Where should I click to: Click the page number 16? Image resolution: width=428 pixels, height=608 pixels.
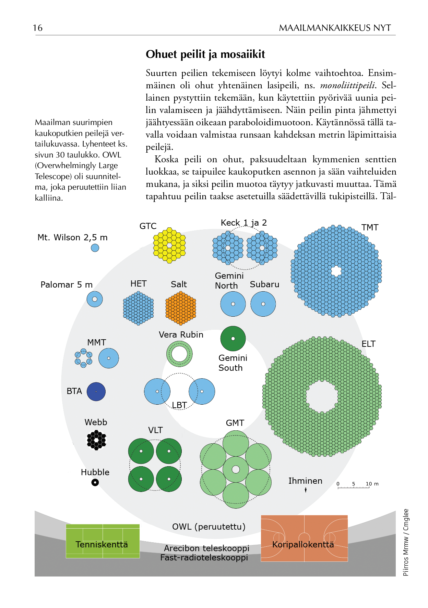(38, 28)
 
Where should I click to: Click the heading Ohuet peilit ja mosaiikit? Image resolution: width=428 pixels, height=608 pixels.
(205, 54)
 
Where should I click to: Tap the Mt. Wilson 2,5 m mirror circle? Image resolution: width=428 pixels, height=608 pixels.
(95, 248)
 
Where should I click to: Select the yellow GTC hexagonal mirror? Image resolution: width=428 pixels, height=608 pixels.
(169, 245)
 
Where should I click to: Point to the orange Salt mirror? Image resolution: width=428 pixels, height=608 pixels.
(181, 308)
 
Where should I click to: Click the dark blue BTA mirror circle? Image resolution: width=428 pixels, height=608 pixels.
(96, 392)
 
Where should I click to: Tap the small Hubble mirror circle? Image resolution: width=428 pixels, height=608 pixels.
(95, 482)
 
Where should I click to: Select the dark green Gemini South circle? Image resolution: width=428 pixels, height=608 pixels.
(233, 339)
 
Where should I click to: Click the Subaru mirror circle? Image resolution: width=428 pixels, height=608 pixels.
(263, 304)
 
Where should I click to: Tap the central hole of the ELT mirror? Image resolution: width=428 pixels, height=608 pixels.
(322, 397)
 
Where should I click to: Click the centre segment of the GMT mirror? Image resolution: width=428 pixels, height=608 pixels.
(236, 469)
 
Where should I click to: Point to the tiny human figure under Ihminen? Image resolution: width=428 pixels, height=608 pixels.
(306, 490)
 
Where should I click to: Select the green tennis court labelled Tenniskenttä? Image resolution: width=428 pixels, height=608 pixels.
(103, 541)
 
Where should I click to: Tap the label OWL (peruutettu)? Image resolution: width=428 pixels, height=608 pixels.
(209, 527)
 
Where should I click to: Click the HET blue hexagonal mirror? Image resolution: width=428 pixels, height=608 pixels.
(138, 308)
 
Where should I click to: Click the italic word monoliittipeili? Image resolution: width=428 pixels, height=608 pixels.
(347, 85)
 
